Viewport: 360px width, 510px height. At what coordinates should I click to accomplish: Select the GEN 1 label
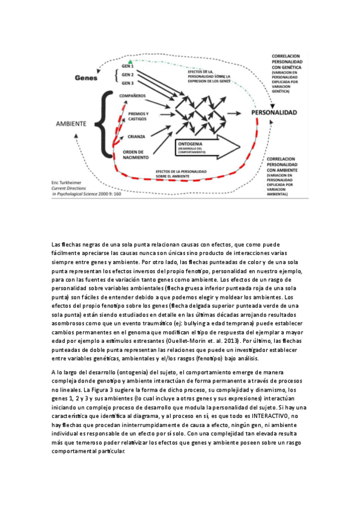tap(127, 66)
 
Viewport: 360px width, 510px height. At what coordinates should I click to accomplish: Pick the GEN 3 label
tap(127, 84)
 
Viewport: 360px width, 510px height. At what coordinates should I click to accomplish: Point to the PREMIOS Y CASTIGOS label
tap(139, 115)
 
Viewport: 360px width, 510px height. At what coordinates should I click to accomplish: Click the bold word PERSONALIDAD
tap(274, 112)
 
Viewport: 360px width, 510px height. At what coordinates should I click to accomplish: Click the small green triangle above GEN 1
tap(127, 60)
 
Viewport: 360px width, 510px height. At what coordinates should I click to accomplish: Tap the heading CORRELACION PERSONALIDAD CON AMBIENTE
tap(288, 161)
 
